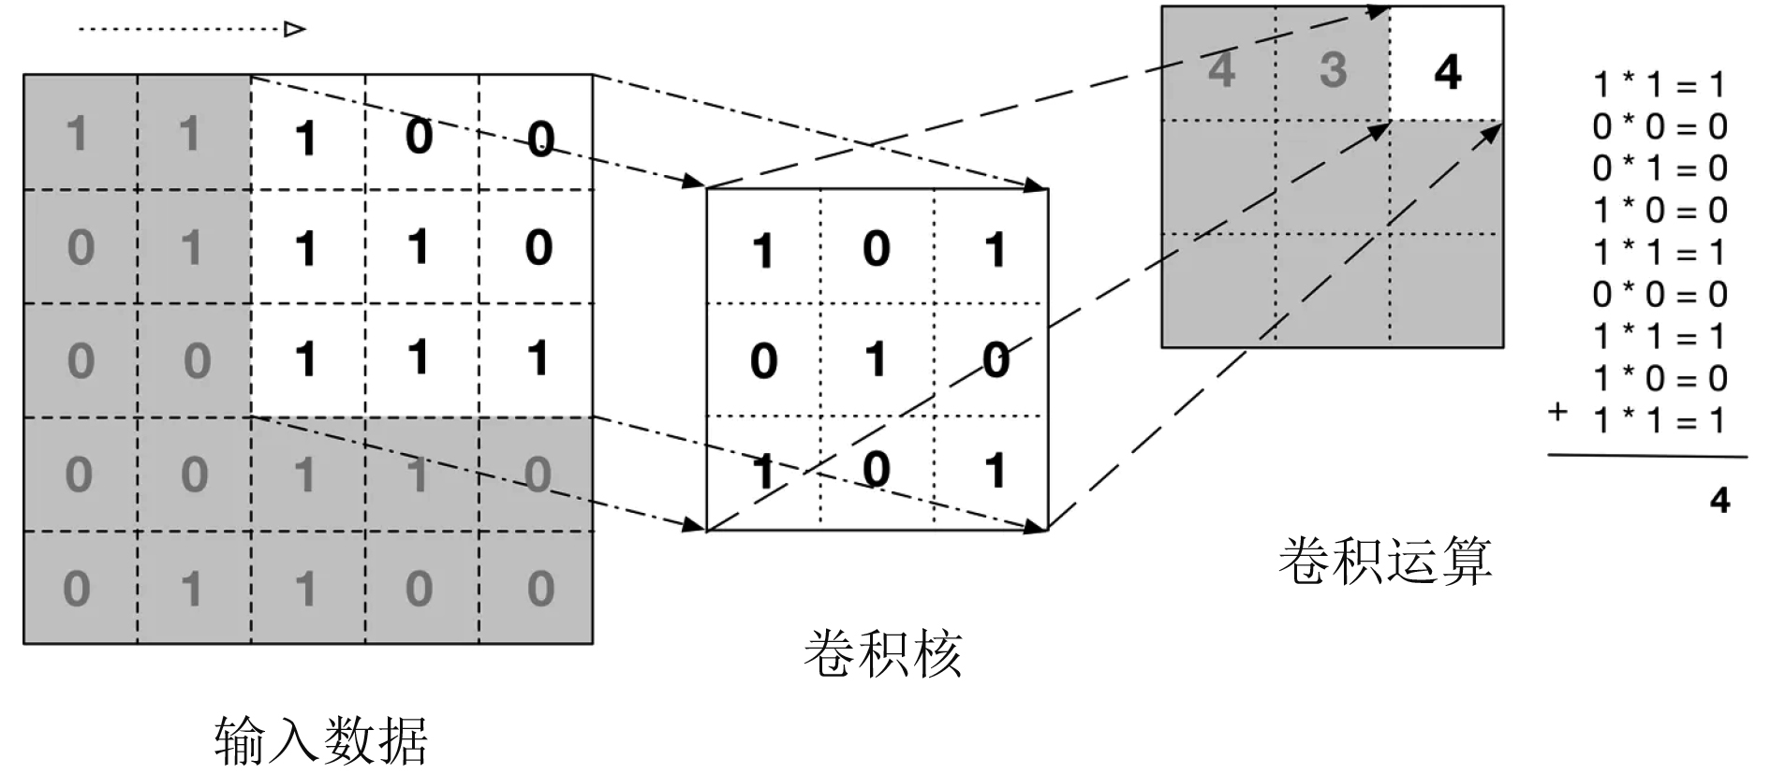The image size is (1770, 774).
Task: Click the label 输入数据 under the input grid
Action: tap(321, 740)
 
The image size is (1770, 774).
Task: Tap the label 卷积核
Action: tap(882, 653)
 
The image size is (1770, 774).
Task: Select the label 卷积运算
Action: tap(1384, 561)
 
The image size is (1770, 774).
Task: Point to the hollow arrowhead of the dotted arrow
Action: tap(295, 29)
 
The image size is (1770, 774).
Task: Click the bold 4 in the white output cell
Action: tap(1448, 72)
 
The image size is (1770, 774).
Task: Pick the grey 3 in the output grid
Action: tap(1333, 69)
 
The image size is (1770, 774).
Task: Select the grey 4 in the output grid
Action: tap(1220, 69)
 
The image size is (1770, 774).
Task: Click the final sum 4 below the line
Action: tap(1719, 501)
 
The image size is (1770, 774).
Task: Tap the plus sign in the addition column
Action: tap(1557, 411)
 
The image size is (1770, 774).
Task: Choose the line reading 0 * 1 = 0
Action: tap(1659, 168)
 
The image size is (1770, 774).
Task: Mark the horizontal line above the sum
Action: tap(1646, 457)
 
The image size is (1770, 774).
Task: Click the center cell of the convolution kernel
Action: tap(877, 359)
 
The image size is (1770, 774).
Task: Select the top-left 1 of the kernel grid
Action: tap(763, 251)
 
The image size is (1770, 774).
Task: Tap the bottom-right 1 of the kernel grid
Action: tap(995, 471)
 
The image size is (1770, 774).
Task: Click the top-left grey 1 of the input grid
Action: tap(78, 134)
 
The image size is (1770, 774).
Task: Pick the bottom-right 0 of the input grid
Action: tap(540, 589)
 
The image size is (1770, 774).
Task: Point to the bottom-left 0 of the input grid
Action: tap(77, 589)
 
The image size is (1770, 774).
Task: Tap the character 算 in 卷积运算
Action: tap(1466, 561)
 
